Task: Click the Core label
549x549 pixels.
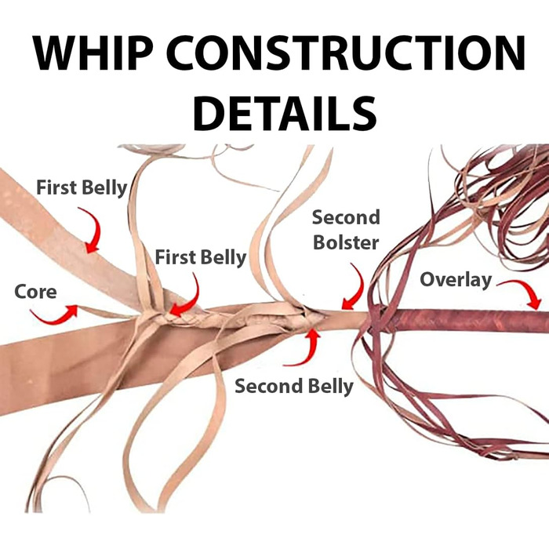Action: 35,292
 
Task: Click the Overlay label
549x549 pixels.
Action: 455,278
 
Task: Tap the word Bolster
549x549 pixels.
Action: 345,242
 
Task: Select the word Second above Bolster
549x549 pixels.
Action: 345,217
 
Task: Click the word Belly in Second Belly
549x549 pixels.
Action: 326,386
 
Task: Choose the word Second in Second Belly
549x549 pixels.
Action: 267,386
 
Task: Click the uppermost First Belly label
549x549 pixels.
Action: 82,188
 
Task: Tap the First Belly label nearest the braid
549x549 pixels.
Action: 200,256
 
